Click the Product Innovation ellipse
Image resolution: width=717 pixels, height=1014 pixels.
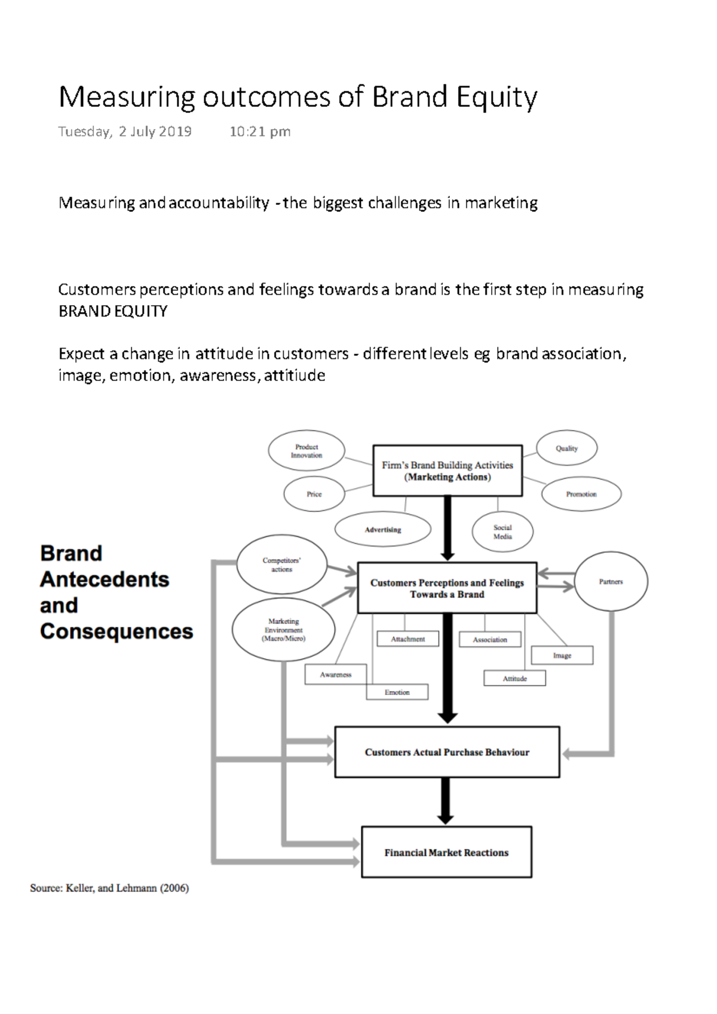tap(307, 451)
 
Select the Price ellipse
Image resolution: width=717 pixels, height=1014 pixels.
tap(314, 494)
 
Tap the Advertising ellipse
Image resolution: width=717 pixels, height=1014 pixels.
tap(383, 530)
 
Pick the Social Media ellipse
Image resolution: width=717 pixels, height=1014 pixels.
tap(502, 531)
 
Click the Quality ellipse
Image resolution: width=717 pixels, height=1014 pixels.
tap(566, 448)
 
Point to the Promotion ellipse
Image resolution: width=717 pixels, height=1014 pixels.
tap(581, 494)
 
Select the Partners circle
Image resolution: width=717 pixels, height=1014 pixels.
tap(611, 581)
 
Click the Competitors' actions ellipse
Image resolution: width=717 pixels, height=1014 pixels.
tap(281, 565)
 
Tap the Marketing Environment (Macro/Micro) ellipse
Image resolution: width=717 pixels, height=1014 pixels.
tap(283, 630)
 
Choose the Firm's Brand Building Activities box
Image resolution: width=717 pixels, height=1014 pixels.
tap(448, 471)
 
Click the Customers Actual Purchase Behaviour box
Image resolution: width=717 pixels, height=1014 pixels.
tap(447, 752)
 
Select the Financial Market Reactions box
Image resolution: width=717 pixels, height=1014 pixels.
tap(446, 852)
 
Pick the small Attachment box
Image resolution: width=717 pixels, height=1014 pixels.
tap(407, 639)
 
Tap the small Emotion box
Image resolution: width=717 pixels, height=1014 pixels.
tap(397, 692)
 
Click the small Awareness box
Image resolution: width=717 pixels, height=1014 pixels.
tap(335, 674)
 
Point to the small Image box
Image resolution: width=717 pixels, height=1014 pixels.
tap(562, 655)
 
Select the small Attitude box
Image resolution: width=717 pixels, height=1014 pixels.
tap(514, 678)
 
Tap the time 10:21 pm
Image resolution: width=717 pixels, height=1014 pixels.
tap(260, 131)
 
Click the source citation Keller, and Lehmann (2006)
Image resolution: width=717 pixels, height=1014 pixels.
tap(127, 888)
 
